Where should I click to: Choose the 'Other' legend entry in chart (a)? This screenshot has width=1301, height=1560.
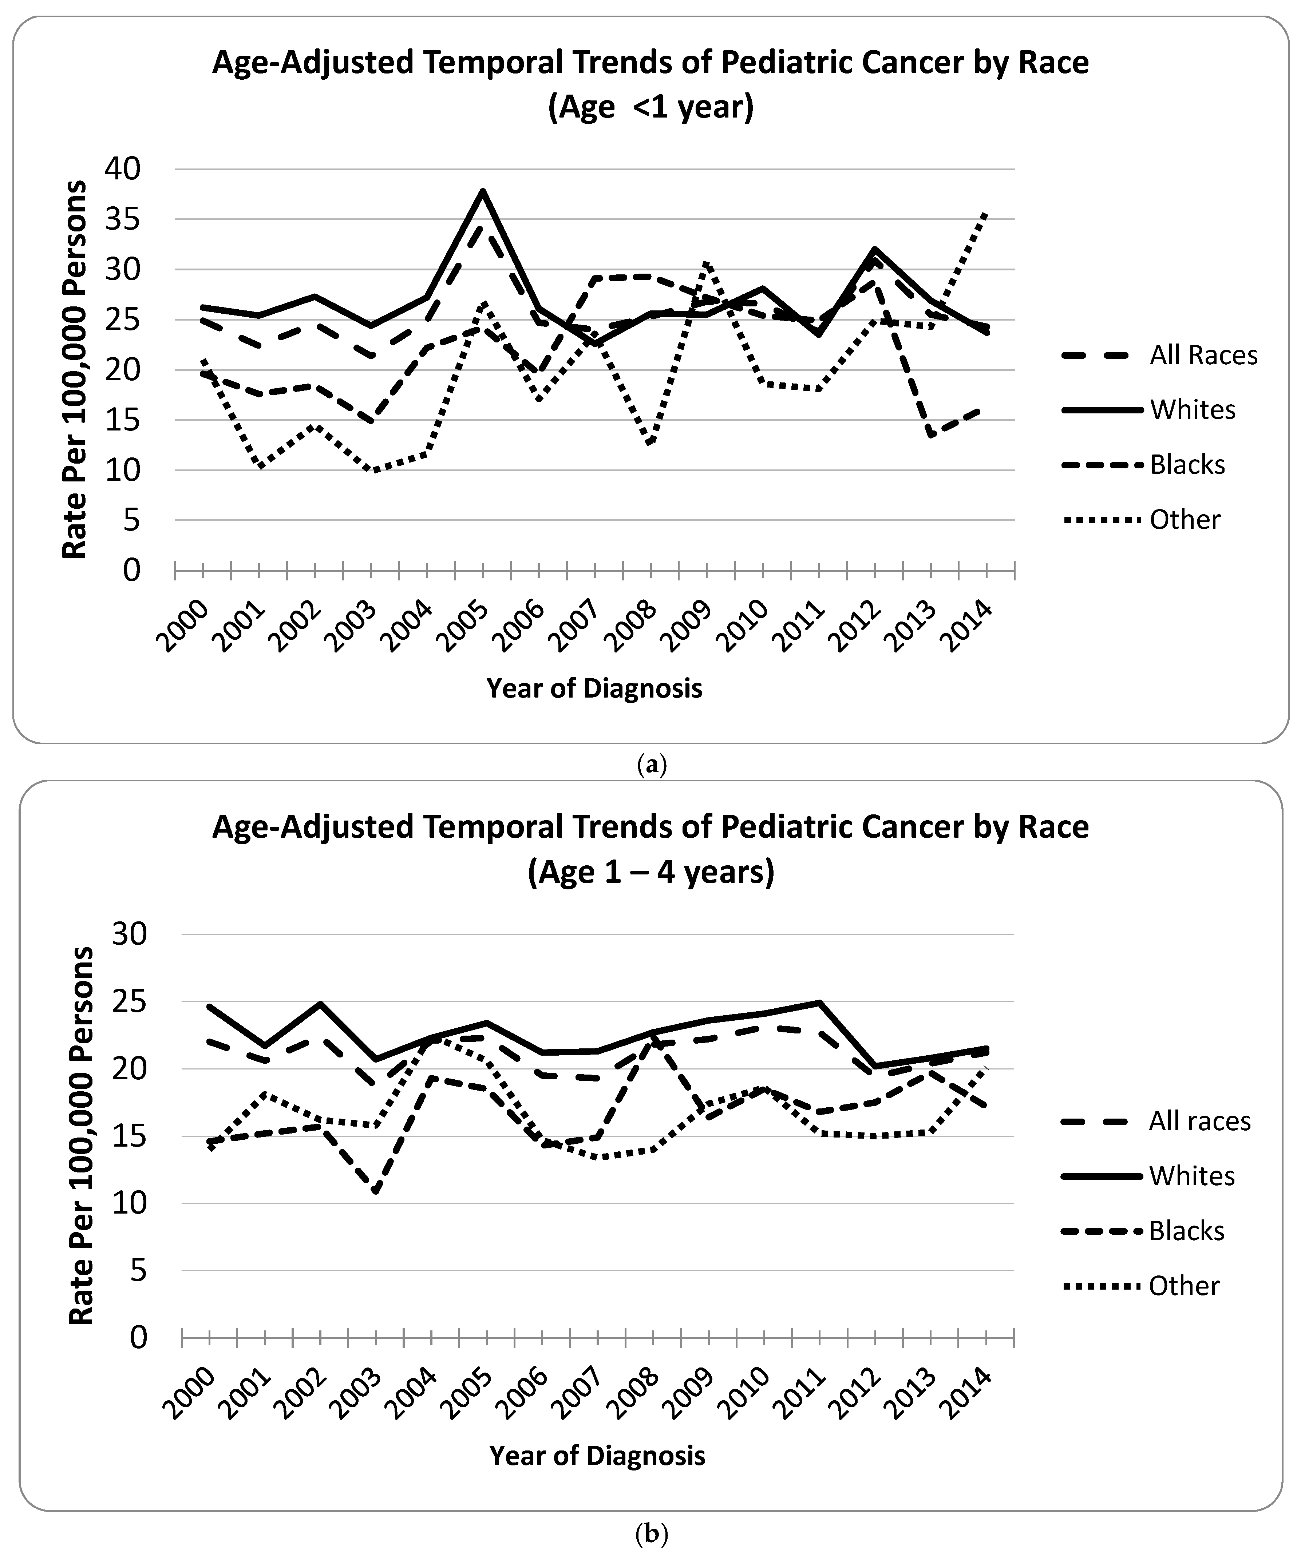1185,519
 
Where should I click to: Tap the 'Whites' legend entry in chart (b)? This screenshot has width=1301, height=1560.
1192,1176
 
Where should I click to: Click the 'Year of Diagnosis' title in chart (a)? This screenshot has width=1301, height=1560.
594,688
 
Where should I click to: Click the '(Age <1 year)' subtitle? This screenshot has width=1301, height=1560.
651,107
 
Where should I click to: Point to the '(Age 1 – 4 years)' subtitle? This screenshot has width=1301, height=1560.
651,872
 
